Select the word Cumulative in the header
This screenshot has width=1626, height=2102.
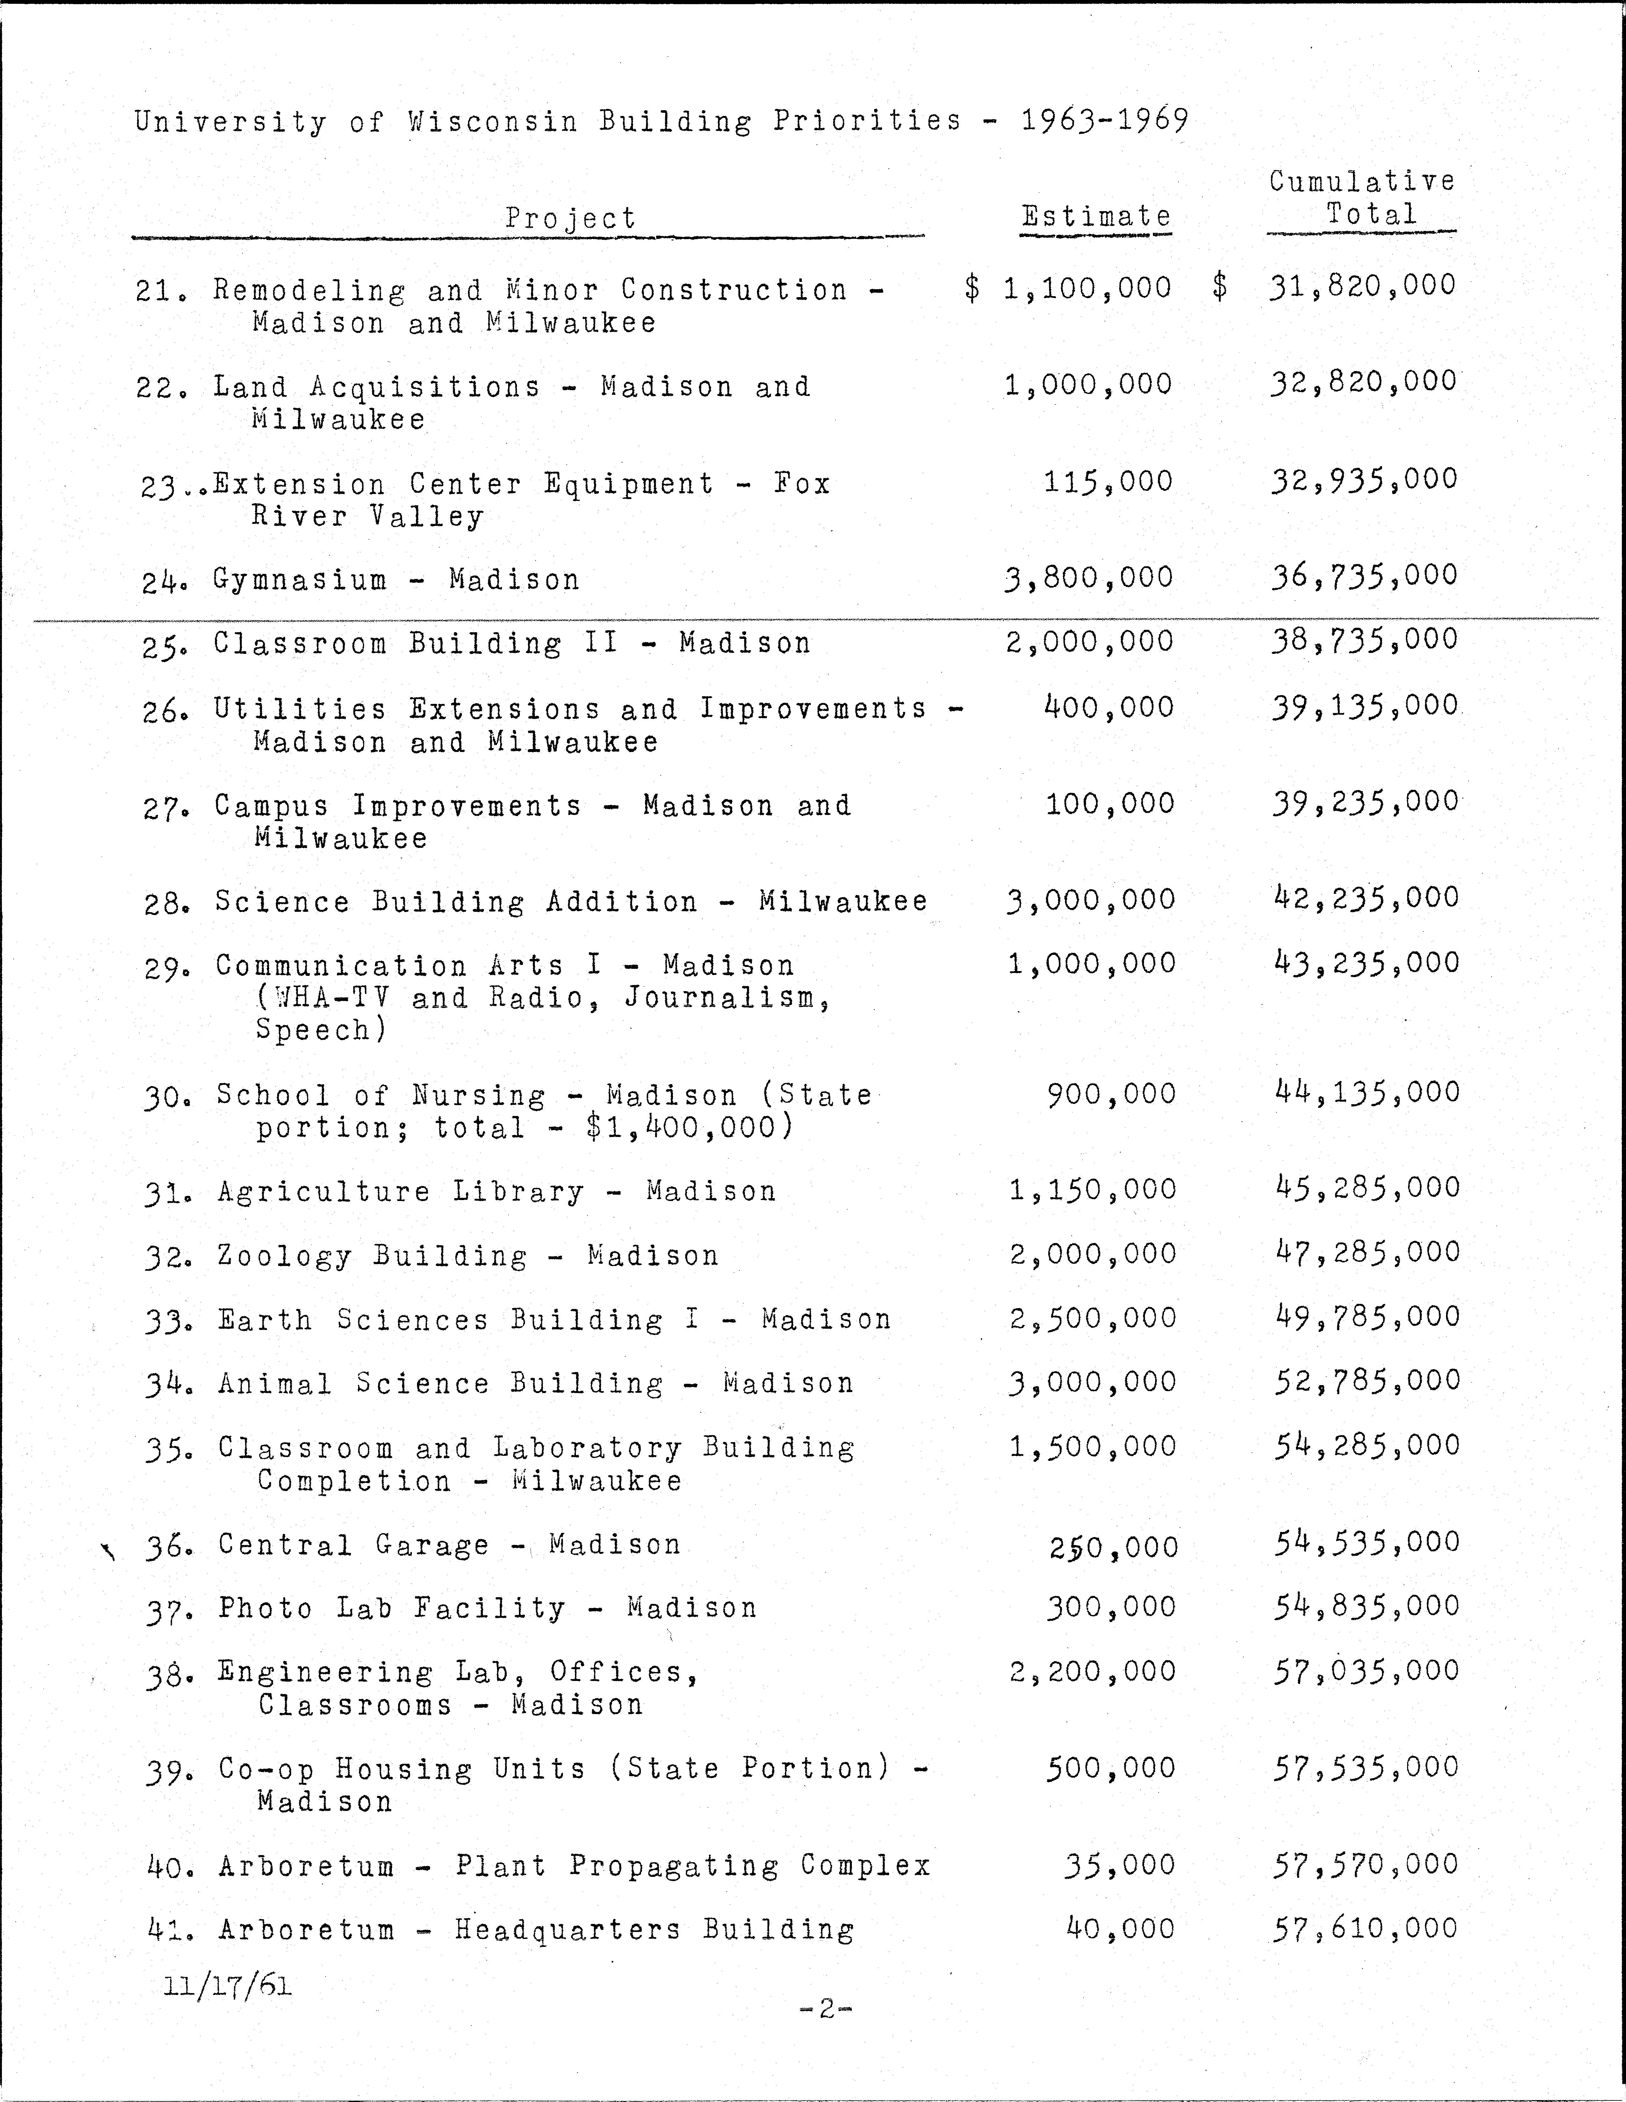point(1361,181)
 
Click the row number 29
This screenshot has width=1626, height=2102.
point(161,967)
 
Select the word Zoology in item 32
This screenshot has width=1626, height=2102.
point(284,1256)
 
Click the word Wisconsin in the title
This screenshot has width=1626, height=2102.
point(492,121)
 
